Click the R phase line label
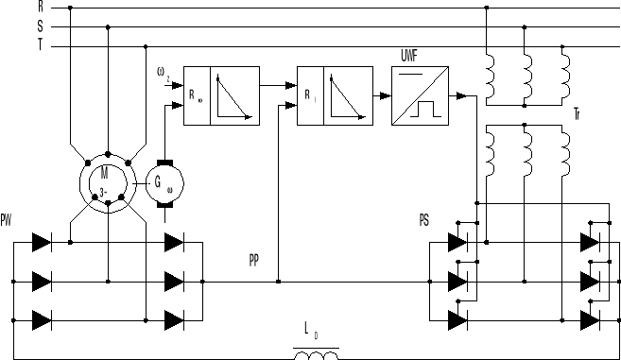tap(41, 7)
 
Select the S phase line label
tap(41, 26)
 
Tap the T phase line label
tap(41, 45)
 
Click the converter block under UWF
tap(419, 96)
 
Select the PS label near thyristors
tap(425, 220)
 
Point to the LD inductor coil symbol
tap(317, 354)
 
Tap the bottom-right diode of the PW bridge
tap(173, 319)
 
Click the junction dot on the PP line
tap(278, 281)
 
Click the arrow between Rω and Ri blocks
tap(283, 85)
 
